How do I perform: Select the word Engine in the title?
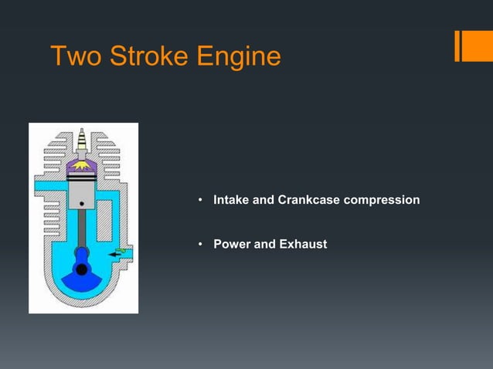(x=241, y=56)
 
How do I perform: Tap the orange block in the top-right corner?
(x=472, y=46)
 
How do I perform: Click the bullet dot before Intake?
(x=199, y=201)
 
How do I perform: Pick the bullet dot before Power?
(x=199, y=245)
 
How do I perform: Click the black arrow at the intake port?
(x=117, y=253)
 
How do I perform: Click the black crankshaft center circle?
(x=82, y=269)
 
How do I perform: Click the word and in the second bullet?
(x=265, y=245)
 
